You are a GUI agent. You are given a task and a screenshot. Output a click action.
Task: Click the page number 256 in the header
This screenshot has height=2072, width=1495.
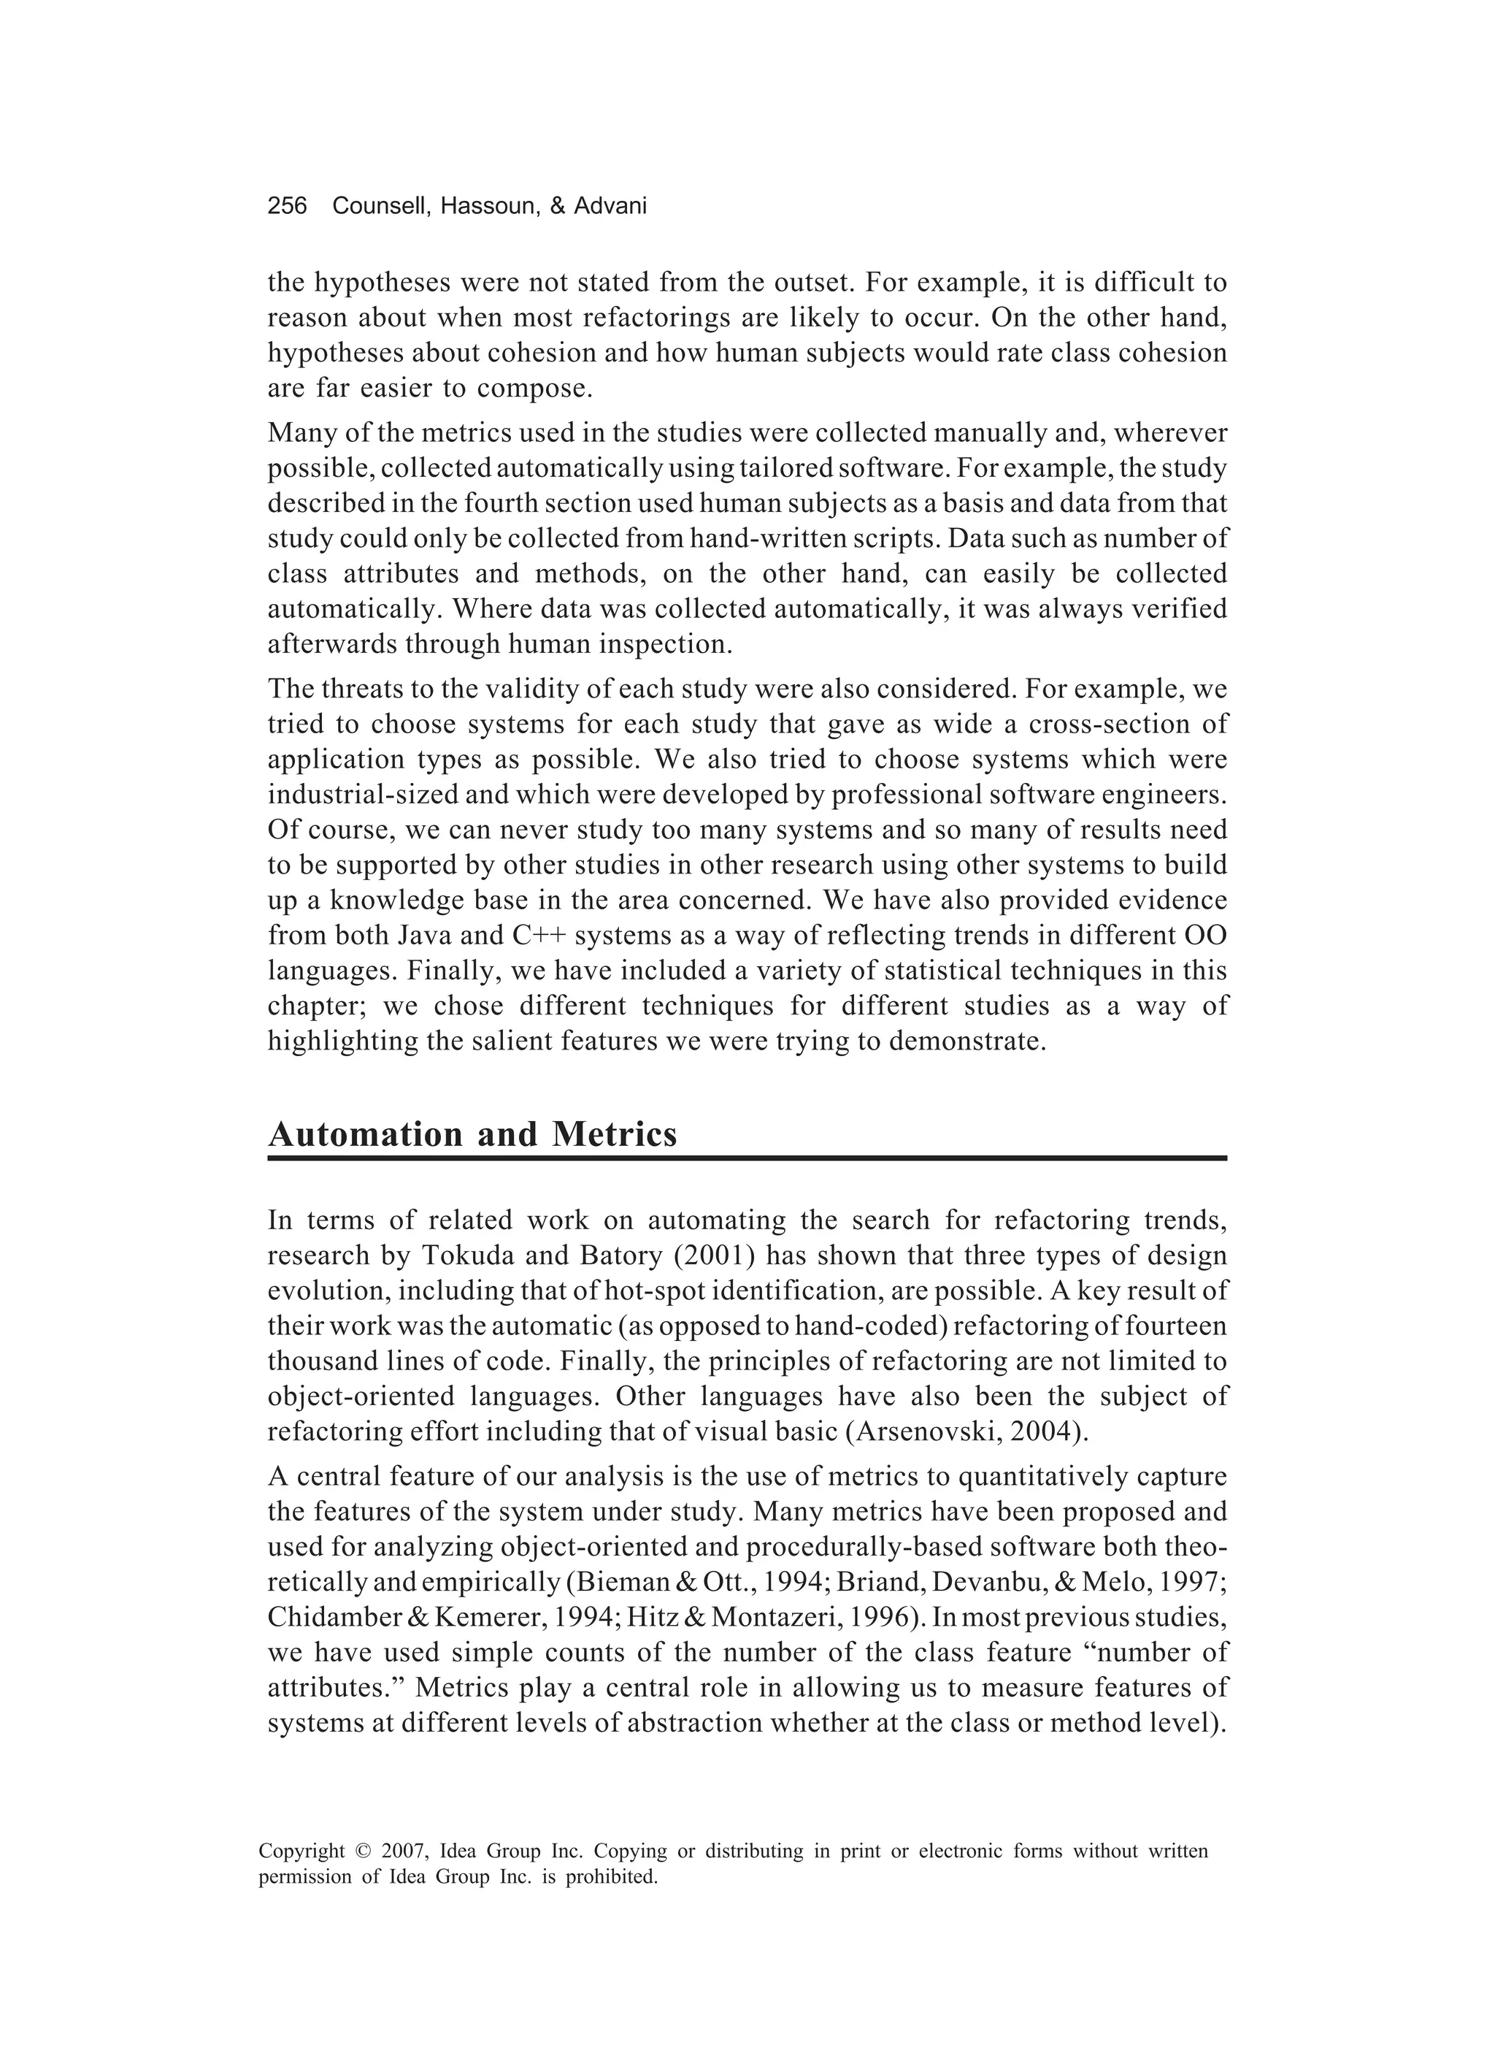pyautogui.click(x=287, y=207)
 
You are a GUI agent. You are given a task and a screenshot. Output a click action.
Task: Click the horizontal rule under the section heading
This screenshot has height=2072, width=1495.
pyautogui.click(x=747, y=1158)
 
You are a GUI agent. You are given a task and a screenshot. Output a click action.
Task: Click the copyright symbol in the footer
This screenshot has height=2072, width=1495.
pyautogui.click(x=363, y=1852)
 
